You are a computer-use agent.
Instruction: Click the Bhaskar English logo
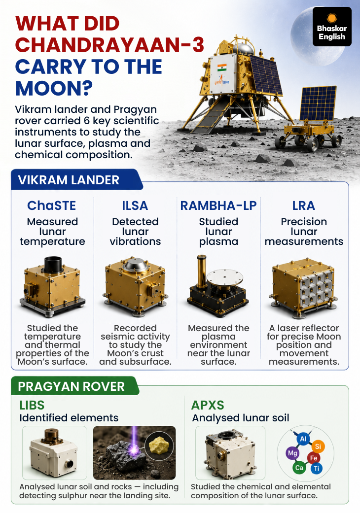(332, 27)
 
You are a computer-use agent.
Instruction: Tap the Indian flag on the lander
(222, 68)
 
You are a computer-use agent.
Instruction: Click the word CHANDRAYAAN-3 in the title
(109, 45)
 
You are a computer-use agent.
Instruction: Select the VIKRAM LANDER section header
(69, 180)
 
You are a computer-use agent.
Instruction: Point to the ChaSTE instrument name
(52, 205)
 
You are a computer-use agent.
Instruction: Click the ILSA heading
(135, 205)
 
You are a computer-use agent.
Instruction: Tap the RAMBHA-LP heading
(218, 205)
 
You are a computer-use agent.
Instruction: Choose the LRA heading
(304, 205)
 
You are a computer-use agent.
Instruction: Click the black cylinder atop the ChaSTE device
(53, 264)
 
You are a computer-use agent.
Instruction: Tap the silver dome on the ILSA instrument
(135, 266)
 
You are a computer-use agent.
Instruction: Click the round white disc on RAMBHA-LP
(225, 277)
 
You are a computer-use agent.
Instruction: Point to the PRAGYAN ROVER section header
(72, 386)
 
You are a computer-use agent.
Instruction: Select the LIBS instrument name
(32, 406)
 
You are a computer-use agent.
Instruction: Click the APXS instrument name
(208, 406)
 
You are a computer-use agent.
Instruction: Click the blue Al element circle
(303, 439)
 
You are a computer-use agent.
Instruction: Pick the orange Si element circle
(318, 446)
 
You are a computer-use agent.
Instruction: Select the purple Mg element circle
(292, 453)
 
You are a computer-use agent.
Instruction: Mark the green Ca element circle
(299, 468)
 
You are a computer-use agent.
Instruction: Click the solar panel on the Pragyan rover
(318, 103)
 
